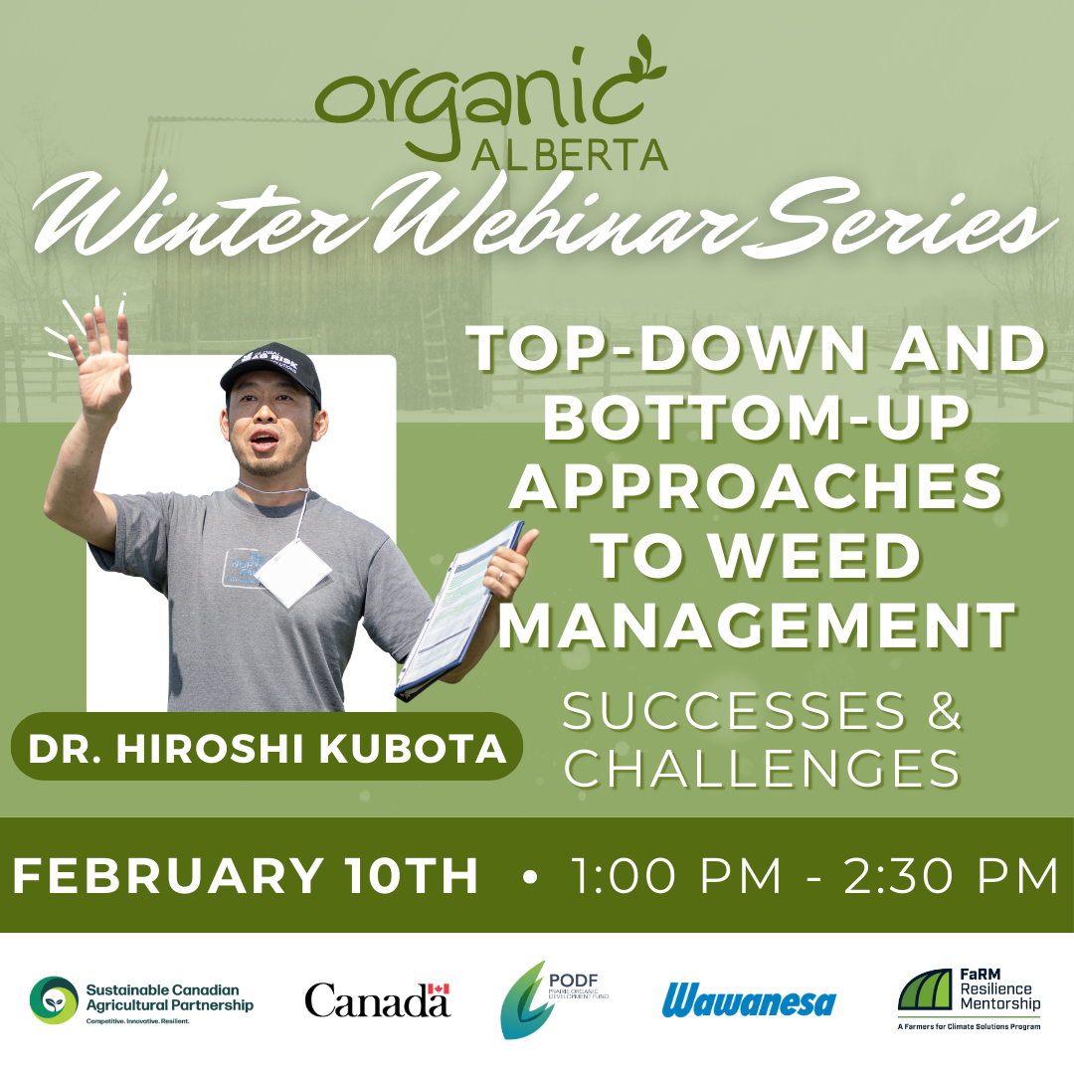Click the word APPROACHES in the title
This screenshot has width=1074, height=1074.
(x=762, y=487)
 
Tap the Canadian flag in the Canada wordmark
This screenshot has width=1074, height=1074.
(x=438, y=988)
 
